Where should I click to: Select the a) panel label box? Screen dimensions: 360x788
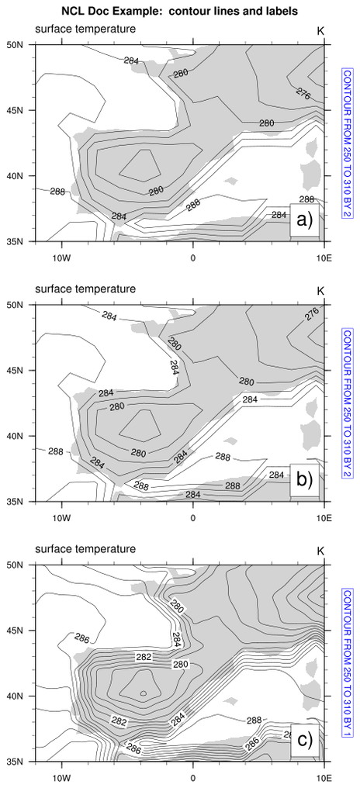click(x=304, y=220)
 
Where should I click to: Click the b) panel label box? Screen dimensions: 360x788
click(x=304, y=480)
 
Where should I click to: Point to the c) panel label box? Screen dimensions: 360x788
click(x=304, y=740)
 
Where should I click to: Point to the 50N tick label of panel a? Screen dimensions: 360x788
click(x=22, y=44)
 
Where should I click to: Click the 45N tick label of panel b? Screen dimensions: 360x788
click(x=22, y=370)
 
